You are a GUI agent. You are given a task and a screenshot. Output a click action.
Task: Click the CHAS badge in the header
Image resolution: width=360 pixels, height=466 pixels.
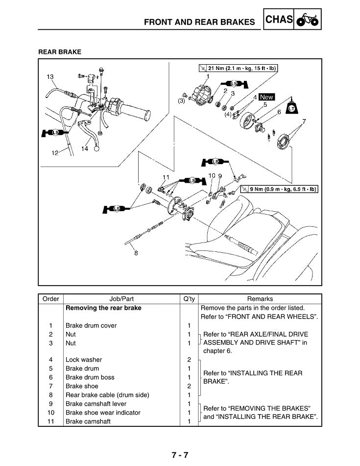(x=279, y=20)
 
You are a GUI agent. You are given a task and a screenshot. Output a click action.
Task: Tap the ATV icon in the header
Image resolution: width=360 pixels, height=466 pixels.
(x=308, y=21)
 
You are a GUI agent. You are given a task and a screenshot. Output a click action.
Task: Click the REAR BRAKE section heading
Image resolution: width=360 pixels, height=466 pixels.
(x=60, y=51)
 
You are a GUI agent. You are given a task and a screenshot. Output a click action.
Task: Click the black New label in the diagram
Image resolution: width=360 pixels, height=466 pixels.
(x=267, y=97)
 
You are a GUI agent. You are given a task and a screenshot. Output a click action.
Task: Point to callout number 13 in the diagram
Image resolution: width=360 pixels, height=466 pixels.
(x=50, y=76)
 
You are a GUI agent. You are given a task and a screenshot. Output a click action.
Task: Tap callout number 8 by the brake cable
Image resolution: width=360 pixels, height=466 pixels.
(x=136, y=253)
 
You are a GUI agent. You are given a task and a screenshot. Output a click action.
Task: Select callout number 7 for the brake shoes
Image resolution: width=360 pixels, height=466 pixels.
(x=304, y=121)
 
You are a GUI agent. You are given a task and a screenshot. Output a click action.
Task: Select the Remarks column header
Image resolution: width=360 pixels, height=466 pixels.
(x=260, y=299)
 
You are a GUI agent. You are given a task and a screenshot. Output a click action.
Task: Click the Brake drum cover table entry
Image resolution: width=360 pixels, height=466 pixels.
(x=91, y=325)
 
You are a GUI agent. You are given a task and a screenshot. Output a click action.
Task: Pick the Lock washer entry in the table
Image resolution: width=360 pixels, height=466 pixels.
(x=84, y=360)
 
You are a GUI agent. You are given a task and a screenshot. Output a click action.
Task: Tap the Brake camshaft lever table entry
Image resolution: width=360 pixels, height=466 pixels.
(x=97, y=404)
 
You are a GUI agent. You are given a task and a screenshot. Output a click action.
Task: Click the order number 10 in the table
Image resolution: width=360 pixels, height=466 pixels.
(x=50, y=413)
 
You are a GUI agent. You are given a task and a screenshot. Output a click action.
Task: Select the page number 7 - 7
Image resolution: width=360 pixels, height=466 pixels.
(x=180, y=455)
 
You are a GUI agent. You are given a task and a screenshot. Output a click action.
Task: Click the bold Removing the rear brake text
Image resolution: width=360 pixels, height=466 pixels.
(x=103, y=308)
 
